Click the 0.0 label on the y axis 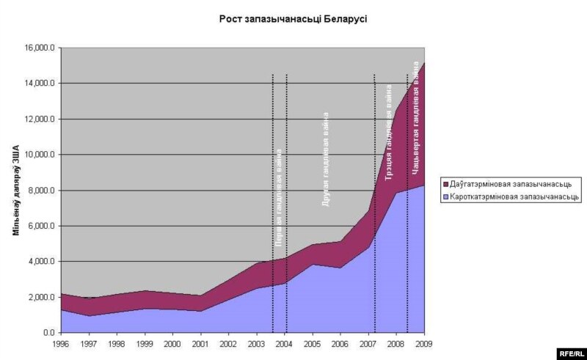tap(48, 333)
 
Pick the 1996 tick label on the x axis tap(62, 343)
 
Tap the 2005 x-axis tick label tap(313, 343)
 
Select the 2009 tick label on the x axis tap(424, 343)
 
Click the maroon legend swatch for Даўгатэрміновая tap(446, 183)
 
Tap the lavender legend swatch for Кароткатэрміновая tap(446, 196)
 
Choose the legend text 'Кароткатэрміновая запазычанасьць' tap(517, 196)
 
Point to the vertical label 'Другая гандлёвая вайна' tap(326, 158)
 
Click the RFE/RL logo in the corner tap(570, 352)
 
